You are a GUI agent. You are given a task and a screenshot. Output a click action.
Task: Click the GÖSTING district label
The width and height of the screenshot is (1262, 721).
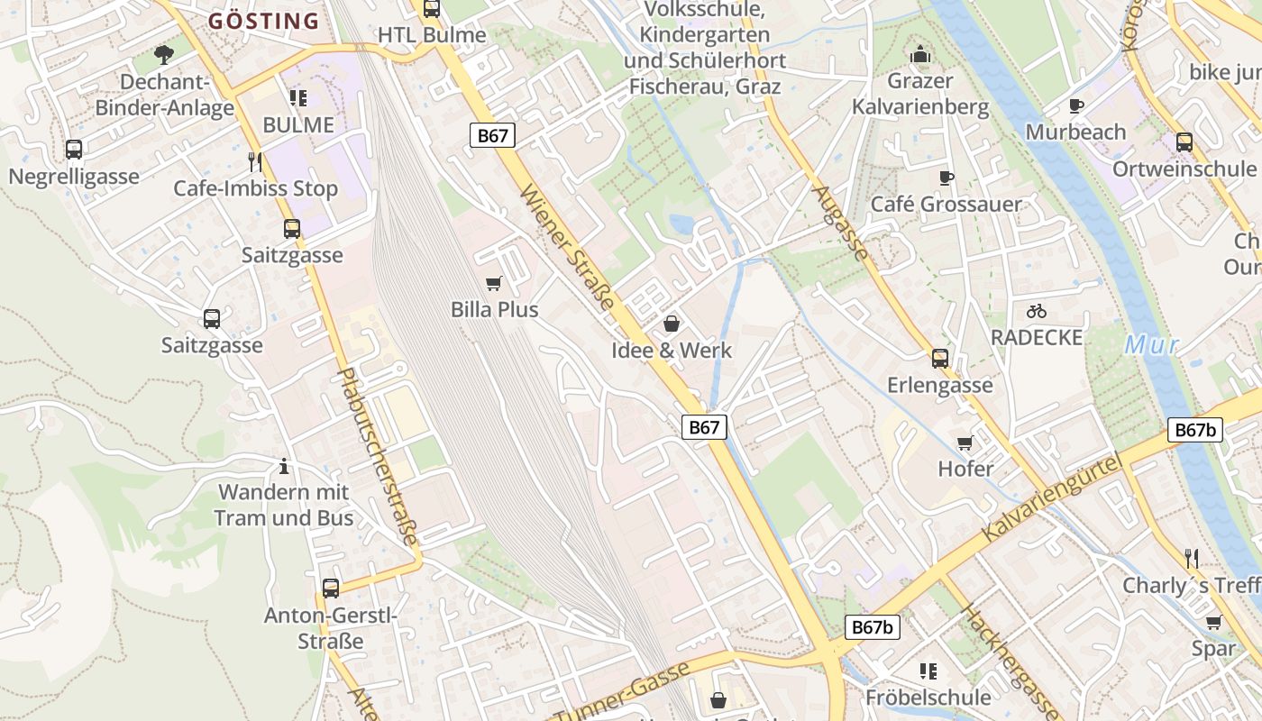[x=263, y=21]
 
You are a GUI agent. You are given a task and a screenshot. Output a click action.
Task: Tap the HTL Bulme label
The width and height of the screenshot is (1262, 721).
[x=431, y=35]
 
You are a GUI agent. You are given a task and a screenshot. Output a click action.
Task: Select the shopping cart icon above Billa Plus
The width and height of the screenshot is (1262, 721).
[x=493, y=284]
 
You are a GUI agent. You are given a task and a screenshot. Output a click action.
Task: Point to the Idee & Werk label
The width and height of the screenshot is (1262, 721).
[x=672, y=351]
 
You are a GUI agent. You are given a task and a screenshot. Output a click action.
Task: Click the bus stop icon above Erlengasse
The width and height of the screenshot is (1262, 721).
[x=940, y=359]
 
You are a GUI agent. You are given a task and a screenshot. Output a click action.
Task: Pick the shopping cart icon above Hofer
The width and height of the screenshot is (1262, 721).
[x=965, y=443]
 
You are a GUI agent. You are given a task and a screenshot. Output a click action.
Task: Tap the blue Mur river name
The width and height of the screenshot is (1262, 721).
[x=1151, y=345]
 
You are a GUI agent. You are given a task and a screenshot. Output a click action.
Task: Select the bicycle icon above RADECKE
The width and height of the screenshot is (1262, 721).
[x=1037, y=311]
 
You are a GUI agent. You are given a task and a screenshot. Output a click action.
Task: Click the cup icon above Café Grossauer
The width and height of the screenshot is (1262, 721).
[x=946, y=178]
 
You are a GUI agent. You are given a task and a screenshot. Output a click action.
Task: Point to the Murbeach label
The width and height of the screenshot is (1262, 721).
[x=1075, y=132]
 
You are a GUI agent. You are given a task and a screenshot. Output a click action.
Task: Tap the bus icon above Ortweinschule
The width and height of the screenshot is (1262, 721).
[x=1184, y=142]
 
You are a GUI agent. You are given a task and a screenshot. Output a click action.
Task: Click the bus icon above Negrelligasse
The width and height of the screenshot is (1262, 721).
[x=74, y=150]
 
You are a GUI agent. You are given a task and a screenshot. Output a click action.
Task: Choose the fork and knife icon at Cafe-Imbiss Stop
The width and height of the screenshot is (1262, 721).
[x=255, y=162]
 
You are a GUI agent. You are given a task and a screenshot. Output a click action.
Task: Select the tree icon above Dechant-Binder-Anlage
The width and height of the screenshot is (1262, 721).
[x=163, y=55]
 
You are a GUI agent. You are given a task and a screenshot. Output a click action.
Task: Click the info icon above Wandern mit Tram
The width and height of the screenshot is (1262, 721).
[x=284, y=466]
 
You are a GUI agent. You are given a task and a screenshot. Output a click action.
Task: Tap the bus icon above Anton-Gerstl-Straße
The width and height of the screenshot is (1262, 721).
[x=331, y=589]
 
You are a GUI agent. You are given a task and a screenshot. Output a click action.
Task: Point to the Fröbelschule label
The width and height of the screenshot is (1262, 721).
[x=928, y=697]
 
